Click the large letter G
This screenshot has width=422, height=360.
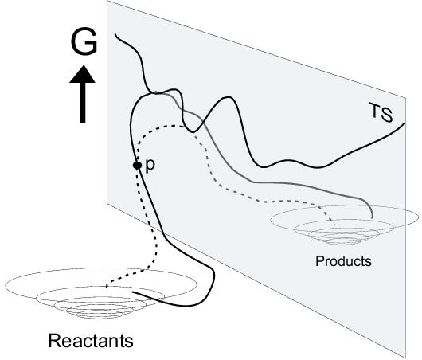pyautogui.click(x=84, y=41)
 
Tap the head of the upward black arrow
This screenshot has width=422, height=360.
pyautogui.click(x=82, y=74)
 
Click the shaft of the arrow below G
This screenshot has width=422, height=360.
pyautogui.click(x=83, y=103)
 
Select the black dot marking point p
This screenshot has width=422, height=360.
pyautogui.click(x=137, y=166)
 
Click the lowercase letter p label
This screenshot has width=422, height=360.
pyautogui.click(x=150, y=166)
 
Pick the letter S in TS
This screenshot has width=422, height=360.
pyautogui.click(x=386, y=115)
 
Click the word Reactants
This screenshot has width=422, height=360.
pyautogui.click(x=91, y=341)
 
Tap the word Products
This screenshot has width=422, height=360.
pyautogui.click(x=343, y=261)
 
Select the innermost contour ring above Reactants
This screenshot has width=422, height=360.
pyautogui.click(x=100, y=315)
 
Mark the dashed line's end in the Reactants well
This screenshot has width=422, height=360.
pyautogui.click(x=107, y=286)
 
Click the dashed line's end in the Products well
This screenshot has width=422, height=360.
pyautogui.click(x=332, y=221)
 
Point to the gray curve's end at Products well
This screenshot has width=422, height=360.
pyautogui.click(x=373, y=217)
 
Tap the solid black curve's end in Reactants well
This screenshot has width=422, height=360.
pyautogui.click(x=133, y=292)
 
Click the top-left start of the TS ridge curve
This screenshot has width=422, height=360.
pyautogui.click(x=115, y=34)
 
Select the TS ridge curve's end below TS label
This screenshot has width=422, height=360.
pyautogui.click(x=404, y=123)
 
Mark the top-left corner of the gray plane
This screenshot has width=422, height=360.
pyautogui.click(x=107, y=1)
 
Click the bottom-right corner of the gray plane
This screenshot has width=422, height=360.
pyautogui.click(x=406, y=358)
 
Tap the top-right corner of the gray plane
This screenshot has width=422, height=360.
pyautogui.click(x=405, y=97)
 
